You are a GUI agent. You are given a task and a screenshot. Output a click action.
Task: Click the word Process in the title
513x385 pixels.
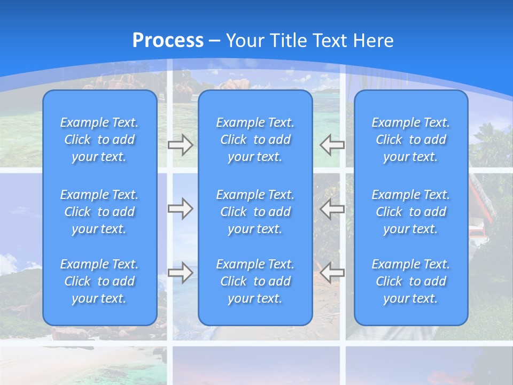pos(168,41)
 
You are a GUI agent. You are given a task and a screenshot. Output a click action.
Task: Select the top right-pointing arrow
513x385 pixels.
pos(181,144)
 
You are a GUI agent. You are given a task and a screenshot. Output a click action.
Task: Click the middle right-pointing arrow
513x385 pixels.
pos(181,209)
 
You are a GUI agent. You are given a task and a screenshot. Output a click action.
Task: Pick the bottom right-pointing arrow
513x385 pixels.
pos(181,273)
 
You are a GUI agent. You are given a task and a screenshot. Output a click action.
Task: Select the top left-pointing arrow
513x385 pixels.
pos(332,144)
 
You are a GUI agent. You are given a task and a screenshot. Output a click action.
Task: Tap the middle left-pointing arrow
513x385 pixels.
pos(332,209)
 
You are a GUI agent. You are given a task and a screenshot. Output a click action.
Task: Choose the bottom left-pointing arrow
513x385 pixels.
pos(332,273)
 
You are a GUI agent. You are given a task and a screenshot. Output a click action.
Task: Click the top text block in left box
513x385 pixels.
pos(99,140)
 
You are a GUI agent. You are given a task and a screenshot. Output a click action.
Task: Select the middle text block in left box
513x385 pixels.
pos(99,212)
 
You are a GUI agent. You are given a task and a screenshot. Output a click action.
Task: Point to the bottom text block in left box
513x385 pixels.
pos(99,281)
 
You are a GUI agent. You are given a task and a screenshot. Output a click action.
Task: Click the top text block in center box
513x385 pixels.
pos(255,140)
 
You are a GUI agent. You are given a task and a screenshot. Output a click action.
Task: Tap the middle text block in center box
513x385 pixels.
pos(255,212)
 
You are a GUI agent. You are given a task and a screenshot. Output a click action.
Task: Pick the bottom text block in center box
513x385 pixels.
pos(255,281)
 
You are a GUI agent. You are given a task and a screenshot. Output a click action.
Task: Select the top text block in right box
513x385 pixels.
pos(411,140)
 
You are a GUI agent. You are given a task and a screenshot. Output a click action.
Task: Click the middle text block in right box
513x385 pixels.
pos(411,212)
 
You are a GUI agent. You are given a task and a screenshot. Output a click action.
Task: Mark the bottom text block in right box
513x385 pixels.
pos(411,281)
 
